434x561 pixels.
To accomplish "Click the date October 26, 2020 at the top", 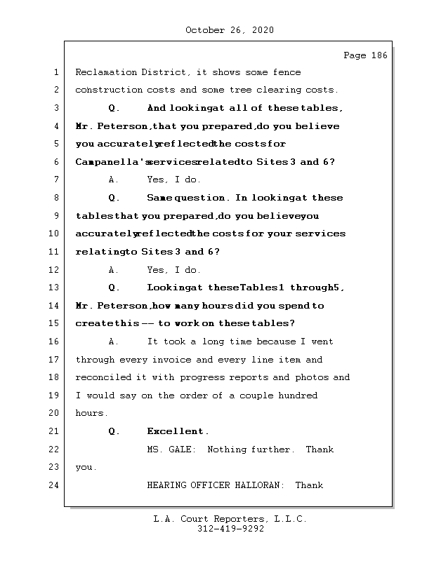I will [x=230, y=30].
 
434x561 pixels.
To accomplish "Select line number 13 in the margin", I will [x=54, y=288].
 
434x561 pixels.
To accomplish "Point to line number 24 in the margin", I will [x=54, y=485].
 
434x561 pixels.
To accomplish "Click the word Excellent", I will [x=177, y=431].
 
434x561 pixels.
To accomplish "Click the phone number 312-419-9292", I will [x=230, y=529].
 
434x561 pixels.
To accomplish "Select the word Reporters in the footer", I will [x=239, y=519].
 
